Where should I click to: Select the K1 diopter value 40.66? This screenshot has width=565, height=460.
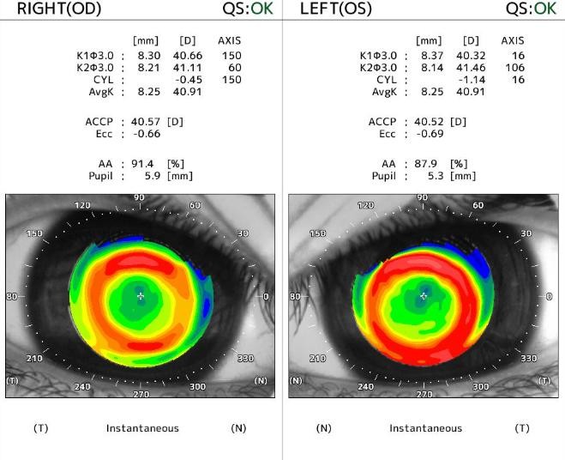point(187,56)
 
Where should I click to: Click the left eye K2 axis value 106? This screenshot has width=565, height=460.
point(513,68)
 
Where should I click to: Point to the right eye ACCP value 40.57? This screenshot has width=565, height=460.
point(147,122)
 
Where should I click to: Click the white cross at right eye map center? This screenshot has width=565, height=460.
point(141,296)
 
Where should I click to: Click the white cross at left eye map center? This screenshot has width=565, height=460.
point(423,296)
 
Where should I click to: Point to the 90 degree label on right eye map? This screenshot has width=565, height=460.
point(139,198)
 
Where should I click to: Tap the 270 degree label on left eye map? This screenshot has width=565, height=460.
point(424,394)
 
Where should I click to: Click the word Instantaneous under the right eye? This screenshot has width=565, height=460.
point(142,427)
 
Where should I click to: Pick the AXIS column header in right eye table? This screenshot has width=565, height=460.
point(229,40)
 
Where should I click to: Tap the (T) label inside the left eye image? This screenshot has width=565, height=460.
point(544,380)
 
